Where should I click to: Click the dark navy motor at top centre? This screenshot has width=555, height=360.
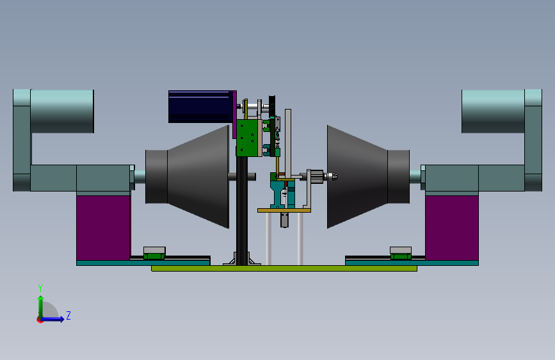[201, 106]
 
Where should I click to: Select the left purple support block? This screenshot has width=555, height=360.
[103, 227]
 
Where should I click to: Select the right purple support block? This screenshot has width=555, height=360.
[452, 227]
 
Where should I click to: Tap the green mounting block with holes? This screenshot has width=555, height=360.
[249, 138]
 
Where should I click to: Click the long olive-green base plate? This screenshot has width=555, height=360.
[284, 268]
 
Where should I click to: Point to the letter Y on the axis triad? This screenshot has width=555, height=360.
[40, 288]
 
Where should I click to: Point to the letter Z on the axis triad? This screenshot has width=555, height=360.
[68, 315]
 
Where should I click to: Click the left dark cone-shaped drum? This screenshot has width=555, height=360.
[188, 176]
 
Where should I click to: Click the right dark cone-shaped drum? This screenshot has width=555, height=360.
[368, 176]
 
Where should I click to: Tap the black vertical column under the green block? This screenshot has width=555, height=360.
[242, 211]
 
